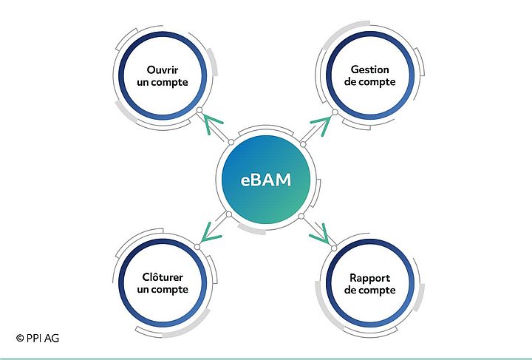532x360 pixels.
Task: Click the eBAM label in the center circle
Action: click(266, 180)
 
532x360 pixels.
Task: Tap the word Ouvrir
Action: click(163, 69)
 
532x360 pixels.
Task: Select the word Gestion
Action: click(369, 69)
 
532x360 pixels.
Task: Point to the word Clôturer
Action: click(163, 276)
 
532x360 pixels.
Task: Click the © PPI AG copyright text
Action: click(37, 338)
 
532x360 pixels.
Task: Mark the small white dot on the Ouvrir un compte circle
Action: click(198, 112)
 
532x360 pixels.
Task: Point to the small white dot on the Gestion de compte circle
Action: click(334, 112)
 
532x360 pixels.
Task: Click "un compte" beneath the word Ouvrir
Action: click(163, 82)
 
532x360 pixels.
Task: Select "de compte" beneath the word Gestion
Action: click(369, 82)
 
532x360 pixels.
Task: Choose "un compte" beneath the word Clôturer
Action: click(163, 289)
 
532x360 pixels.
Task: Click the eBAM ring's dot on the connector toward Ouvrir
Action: click(231, 142)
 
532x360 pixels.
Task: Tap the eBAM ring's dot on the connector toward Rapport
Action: click(301, 216)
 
